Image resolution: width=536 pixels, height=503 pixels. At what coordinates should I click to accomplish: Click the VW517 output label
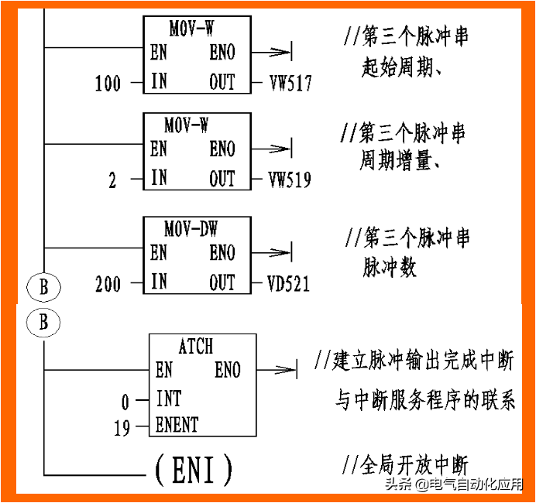290,83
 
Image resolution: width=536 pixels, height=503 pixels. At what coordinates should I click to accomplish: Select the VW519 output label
290,180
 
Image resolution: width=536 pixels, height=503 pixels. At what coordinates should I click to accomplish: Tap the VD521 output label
289,284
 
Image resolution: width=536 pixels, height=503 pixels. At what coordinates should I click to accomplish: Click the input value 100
108,83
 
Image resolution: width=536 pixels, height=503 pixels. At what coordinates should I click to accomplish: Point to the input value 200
108,284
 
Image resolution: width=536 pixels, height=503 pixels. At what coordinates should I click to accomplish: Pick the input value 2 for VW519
113,181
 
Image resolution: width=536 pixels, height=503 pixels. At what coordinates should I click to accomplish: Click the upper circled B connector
43,287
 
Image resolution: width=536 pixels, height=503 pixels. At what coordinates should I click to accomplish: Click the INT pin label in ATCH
169,399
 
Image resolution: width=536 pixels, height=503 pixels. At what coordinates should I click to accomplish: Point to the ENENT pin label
177,425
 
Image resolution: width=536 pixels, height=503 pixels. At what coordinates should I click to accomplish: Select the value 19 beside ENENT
122,427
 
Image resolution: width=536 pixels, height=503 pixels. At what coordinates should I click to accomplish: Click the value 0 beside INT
125,401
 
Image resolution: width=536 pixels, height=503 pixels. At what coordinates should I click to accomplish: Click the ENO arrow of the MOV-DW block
275,251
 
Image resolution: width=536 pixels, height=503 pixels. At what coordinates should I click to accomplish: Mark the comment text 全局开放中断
415,466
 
